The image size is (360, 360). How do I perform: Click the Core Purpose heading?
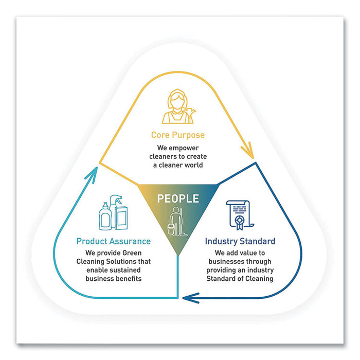[x=177, y=135]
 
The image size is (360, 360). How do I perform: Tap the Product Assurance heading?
[x=113, y=241]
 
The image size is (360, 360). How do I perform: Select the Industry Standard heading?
[x=240, y=241]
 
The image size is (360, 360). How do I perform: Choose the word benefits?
[x=131, y=279]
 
